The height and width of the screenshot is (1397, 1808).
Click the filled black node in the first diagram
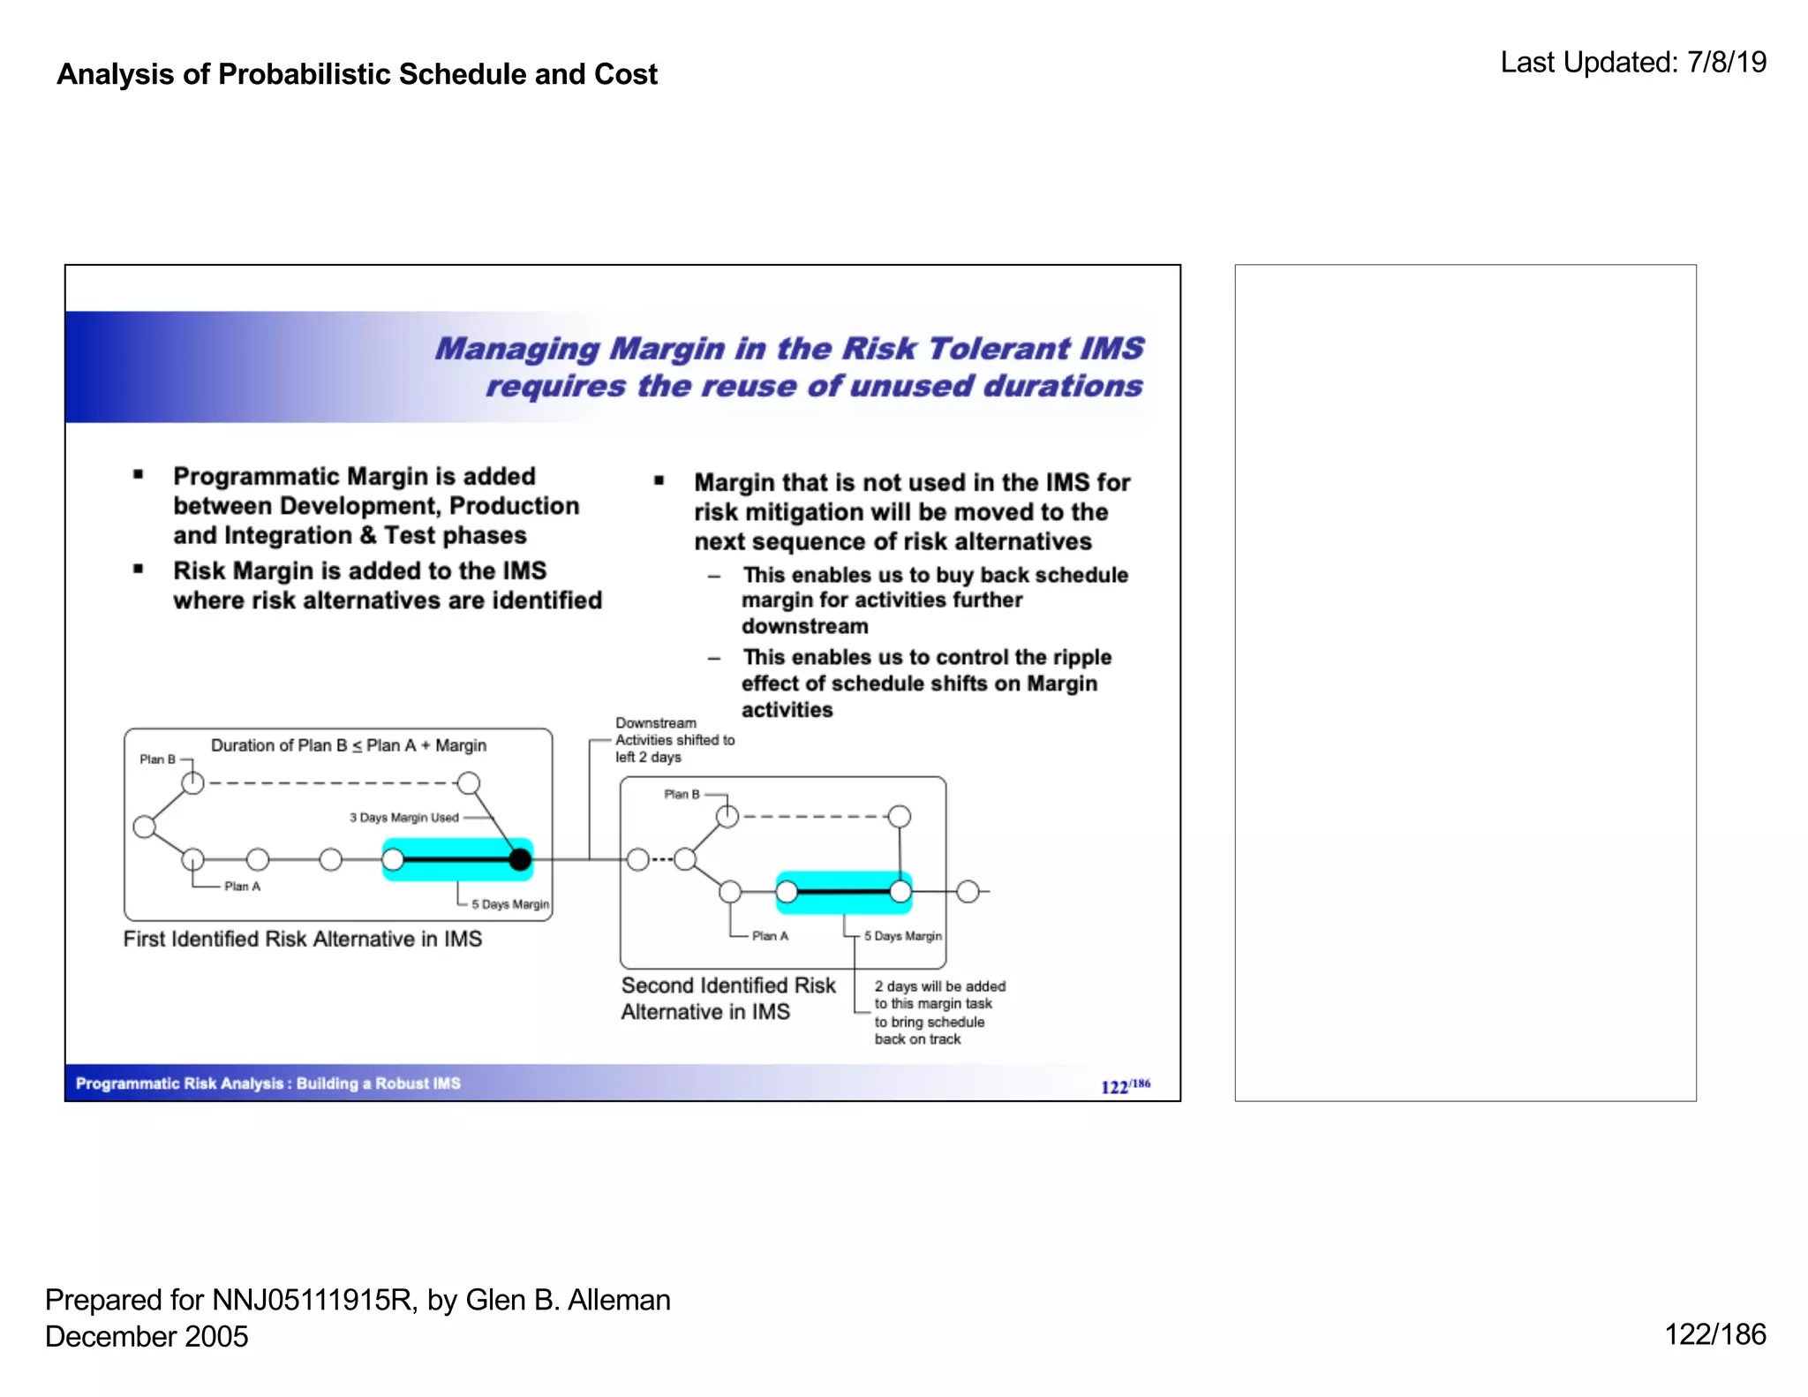521,858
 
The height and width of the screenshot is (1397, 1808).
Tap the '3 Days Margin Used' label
403,818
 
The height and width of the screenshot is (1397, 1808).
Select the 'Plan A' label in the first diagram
242,887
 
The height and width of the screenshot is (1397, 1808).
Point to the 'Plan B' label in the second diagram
682,795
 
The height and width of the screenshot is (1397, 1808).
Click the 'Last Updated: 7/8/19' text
1633,63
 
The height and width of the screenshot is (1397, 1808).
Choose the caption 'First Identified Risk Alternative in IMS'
303,939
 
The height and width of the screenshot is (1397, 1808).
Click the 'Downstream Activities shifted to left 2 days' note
674,740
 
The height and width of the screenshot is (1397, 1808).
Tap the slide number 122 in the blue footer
1114,1087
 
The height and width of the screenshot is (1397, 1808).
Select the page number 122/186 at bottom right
1714,1334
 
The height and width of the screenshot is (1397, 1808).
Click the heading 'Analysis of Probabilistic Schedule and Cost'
357,74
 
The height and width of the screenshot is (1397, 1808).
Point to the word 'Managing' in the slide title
517,349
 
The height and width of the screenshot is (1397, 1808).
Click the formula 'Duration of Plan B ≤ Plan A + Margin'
349,745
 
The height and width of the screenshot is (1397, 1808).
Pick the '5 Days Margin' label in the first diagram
509,904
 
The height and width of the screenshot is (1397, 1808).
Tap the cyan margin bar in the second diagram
843,892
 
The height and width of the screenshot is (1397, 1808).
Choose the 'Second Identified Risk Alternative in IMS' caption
727,999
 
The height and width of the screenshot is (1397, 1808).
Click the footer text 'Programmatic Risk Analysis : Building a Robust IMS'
268,1084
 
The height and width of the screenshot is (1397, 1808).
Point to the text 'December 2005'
147,1336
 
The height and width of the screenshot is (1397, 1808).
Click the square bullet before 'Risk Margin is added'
139,570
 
